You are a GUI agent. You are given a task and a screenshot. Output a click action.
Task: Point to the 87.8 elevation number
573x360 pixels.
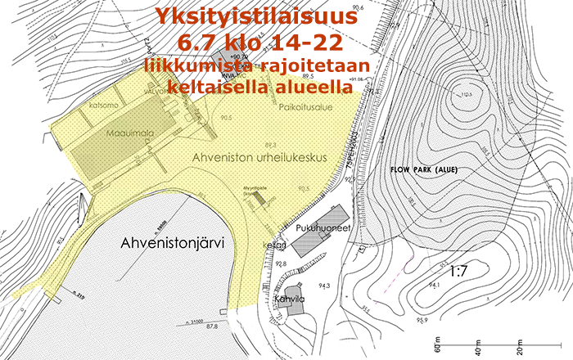click(x=211, y=326)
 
